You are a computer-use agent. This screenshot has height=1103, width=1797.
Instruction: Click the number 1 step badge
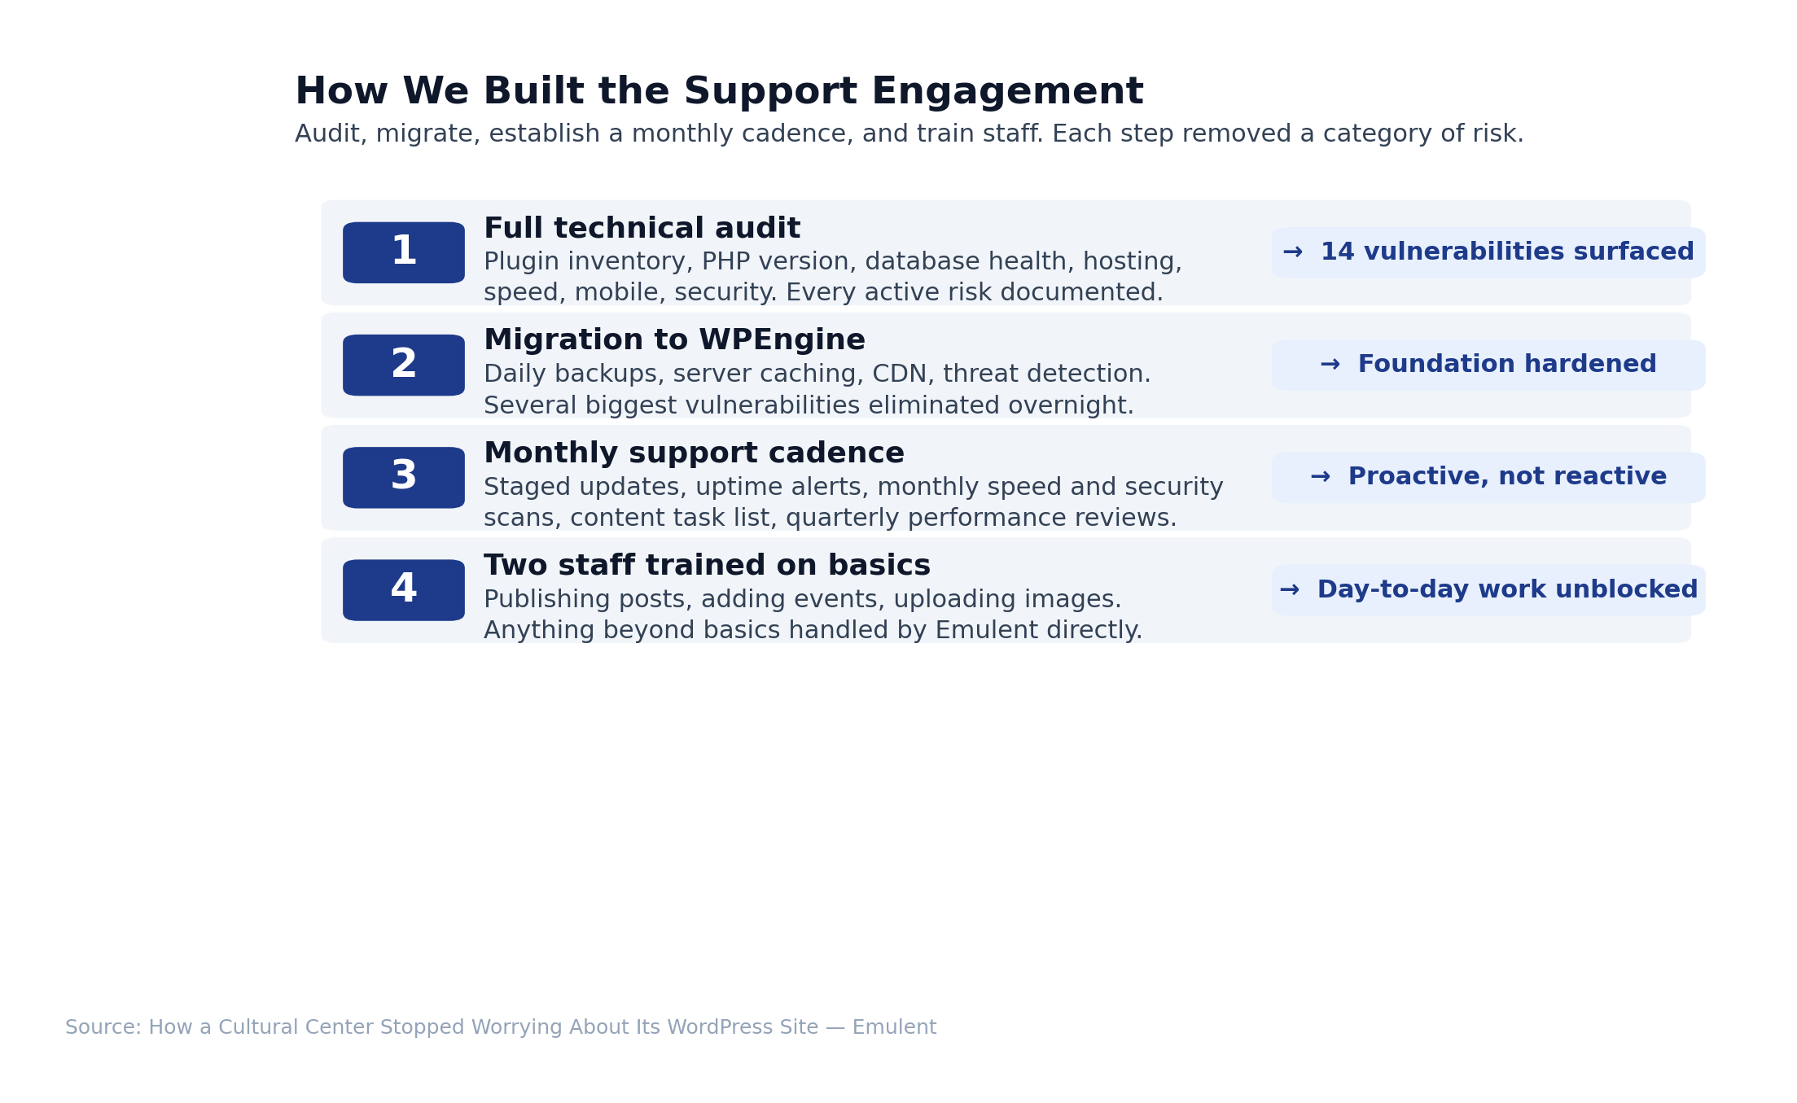[x=404, y=252]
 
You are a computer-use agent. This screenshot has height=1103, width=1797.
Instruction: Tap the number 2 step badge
[x=404, y=365]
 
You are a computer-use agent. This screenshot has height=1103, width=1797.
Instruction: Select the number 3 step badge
[x=404, y=478]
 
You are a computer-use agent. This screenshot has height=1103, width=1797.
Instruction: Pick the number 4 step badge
[x=404, y=590]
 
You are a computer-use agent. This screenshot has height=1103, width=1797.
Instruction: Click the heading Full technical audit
[x=642, y=229]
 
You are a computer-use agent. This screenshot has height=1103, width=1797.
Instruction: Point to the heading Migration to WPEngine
[x=674, y=340]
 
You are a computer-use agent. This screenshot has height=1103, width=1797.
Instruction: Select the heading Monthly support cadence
[x=694, y=453]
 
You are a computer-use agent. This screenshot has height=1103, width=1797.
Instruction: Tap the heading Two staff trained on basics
[x=707, y=566]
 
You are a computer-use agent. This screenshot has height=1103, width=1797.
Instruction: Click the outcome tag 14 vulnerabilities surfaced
[x=1488, y=252]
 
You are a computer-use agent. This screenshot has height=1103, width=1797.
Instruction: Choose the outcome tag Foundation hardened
[x=1488, y=365]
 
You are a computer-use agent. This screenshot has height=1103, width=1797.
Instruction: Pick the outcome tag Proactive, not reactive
[x=1488, y=478]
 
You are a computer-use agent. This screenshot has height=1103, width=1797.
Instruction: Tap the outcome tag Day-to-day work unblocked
[x=1488, y=590]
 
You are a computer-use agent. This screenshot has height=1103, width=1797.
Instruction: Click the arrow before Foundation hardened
[x=1330, y=365]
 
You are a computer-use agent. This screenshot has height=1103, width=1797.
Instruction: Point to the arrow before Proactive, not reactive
[x=1321, y=477]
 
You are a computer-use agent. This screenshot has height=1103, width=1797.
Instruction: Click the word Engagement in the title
[x=1007, y=92]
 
